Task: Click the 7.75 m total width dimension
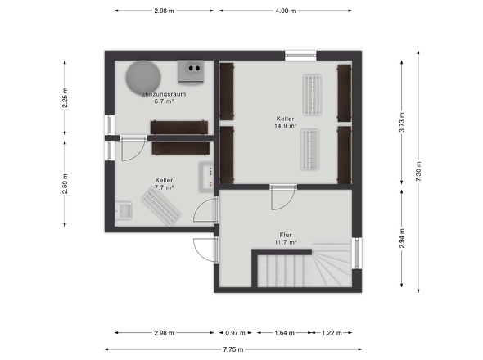pyautogui.click(x=233, y=349)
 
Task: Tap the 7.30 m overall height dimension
pyautogui.click(x=418, y=172)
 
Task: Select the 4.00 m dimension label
pyautogui.click(x=286, y=11)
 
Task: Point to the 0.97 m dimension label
pyautogui.click(x=235, y=333)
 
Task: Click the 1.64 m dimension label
pyautogui.click(x=285, y=333)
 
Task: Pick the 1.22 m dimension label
pyautogui.click(x=332, y=333)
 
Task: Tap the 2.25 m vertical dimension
pyautogui.click(x=65, y=97)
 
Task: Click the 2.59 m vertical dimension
pyautogui.click(x=65, y=184)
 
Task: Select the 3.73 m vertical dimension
pyautogui.click(x=402, y=122)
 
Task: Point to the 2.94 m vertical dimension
pyautogui.click(x=402, y=238)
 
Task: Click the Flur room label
pyautogui.click(x=286, y=235)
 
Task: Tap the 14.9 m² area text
pyautogui.click(x=286, y=126)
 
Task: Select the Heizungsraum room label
pyautogui.click(x=165, y=94)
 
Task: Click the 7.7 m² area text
pyautogui.click(x=165, y=187)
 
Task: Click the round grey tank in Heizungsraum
pyautogui.click(x=143, y=78)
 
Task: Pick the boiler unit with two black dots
pyautogui.click(x=191, y=72)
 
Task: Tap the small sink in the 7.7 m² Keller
pyautogui.click(x=124, y=210)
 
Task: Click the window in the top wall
pyautogui.click(x=300, y=56)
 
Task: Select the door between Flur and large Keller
pyautogui.click(x=283, y=197)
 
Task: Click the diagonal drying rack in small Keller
pyautogui.click(x=160, y=207)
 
